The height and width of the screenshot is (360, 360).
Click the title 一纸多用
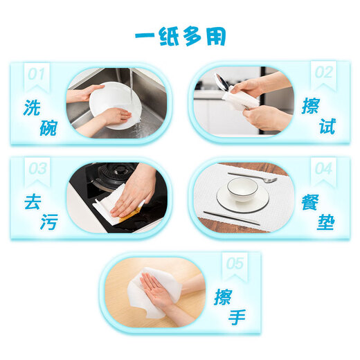tap(179, 36)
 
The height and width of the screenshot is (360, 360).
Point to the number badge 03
tap(37, 169)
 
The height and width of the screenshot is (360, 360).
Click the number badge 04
tap(323, 169)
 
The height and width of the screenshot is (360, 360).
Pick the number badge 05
tap(235, 264)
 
